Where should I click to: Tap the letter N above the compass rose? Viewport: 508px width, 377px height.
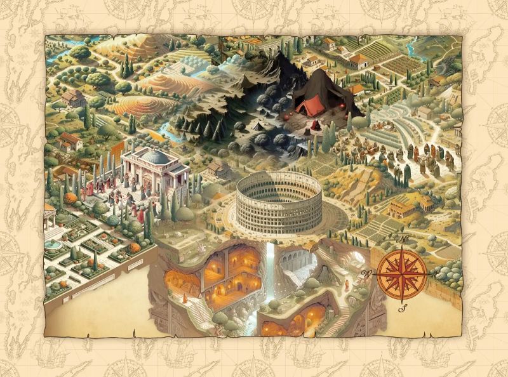click(403, 239)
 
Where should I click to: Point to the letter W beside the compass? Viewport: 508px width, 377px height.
click(365, 274)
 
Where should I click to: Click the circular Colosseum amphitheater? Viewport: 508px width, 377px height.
click(279, 203)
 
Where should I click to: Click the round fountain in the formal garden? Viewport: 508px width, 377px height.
click(53, 244)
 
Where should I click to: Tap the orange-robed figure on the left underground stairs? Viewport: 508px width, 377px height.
click(185, 298)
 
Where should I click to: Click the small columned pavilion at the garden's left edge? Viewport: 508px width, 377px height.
click(50, 216)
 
